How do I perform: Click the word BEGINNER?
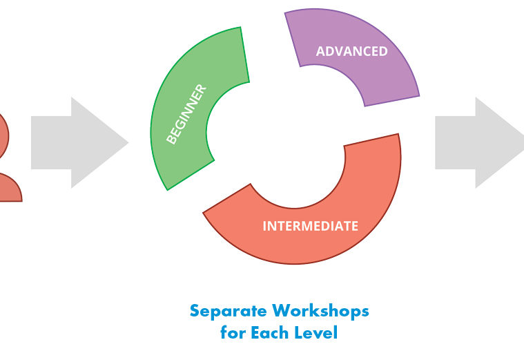tap(186, 114)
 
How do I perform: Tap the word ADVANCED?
tap(351, 52)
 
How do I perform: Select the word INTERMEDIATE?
tap(310, 226)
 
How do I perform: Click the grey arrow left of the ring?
tap(76, 142)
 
